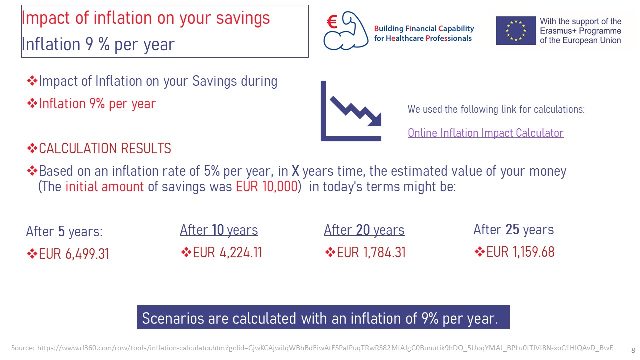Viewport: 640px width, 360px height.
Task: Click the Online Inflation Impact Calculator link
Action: click(485, 133)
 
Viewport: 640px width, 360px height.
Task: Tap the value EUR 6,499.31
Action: click(74, 254)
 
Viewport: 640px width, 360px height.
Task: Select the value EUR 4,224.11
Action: click(227, 252)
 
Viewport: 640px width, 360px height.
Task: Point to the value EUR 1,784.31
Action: click(371, 252)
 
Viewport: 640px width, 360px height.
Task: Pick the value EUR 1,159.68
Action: click(520, 252)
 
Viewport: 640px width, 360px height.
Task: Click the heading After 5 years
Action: click(64, 231)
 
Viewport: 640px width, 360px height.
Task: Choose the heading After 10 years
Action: click(219, 230)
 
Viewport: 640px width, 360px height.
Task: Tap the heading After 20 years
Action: click(364, 230)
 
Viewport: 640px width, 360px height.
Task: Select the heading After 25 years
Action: click(513, 229)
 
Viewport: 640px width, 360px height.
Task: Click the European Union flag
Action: click(516, 31)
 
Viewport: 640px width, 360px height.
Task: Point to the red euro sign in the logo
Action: click(332, 22)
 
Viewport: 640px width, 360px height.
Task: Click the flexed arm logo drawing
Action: click(346, 31)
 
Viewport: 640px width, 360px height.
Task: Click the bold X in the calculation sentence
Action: click(295, 171)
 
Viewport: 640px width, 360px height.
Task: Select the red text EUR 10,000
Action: click(267, 187)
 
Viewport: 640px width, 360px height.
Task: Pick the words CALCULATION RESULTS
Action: click(105, 148)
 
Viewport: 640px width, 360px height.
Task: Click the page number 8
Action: click(633, 350)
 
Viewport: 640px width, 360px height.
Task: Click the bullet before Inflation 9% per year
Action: click(32, 103)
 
